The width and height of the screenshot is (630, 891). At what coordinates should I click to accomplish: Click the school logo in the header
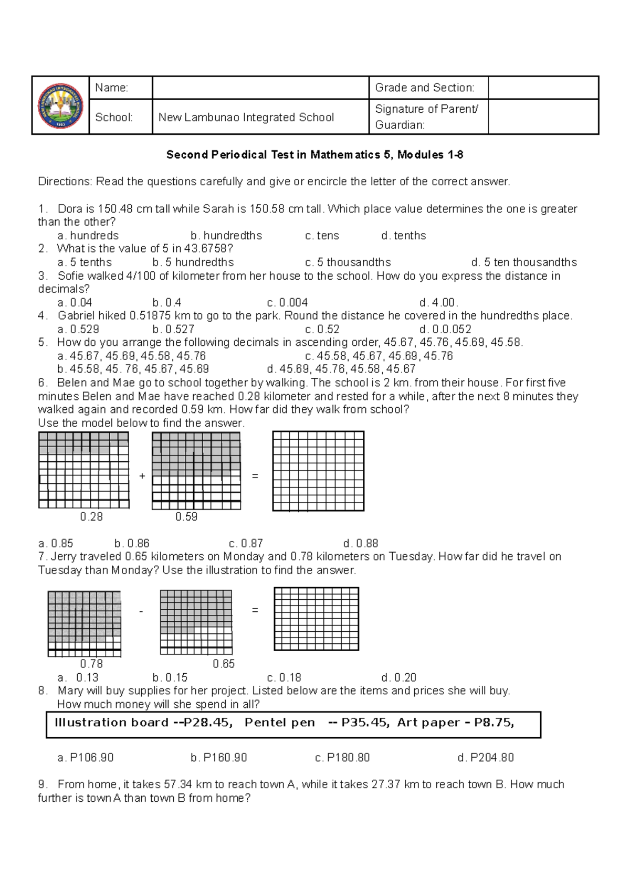click(60, 105)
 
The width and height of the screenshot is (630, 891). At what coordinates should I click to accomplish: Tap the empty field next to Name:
click(260, 88)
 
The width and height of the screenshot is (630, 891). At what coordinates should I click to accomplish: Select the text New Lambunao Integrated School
click(246, 118)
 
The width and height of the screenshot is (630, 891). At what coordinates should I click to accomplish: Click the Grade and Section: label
click(424, 88)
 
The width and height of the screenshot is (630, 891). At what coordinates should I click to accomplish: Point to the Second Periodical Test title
click(314, 155)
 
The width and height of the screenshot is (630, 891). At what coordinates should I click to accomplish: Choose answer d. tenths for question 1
click(404, 236)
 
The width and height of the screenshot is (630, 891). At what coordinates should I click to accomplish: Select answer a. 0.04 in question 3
click(75, 303)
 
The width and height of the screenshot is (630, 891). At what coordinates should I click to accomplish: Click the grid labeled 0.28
click(83, 470)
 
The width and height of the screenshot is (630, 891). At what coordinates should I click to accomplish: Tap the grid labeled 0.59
click(196, 471)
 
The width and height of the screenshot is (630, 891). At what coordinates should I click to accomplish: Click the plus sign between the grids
click(142, 476)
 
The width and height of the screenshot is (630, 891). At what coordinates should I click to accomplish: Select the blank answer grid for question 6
click(318, 471)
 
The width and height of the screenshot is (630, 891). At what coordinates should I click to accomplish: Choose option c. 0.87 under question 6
click(246, 544)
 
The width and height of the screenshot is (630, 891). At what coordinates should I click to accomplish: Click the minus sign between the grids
click(141, 611)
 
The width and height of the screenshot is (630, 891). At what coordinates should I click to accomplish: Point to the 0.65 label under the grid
click(224, 664)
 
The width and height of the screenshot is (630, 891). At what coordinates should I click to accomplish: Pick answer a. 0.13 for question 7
click(78, 677)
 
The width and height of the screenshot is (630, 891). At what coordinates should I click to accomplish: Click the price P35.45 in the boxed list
click(364, 723)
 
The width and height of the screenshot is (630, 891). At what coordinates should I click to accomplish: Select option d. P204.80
click(486, 758)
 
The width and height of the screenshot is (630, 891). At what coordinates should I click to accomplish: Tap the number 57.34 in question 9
click(178, 784)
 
